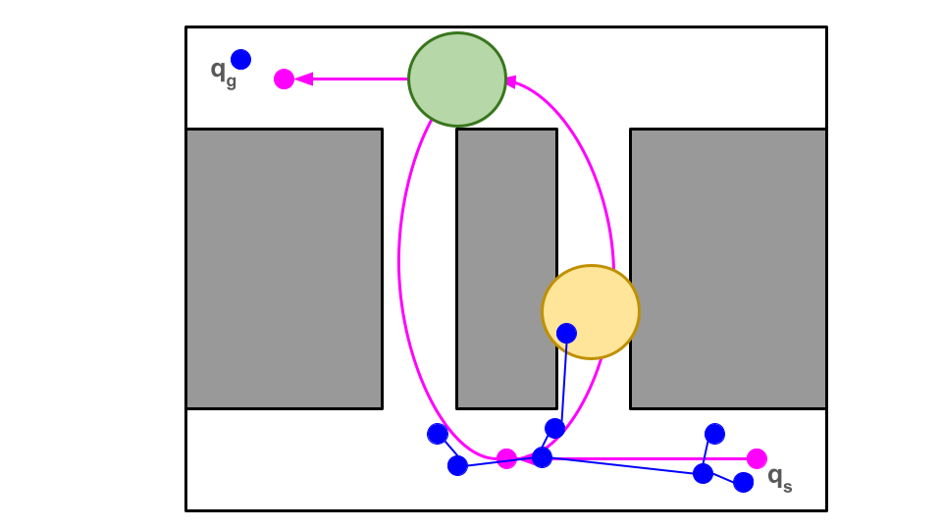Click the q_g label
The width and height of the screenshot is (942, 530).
[223, 70]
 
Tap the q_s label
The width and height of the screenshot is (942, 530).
[779, 478]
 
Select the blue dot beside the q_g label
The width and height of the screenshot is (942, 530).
[240, 59]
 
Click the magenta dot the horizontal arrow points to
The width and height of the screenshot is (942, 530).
[284, 79]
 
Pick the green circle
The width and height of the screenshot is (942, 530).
[457, 79]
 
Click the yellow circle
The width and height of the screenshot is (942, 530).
[591, 312]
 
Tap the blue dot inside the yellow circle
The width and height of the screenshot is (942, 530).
[566, 333]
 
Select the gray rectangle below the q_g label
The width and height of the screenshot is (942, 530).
[284, 268]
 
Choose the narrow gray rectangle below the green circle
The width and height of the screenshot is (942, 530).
[506, 268]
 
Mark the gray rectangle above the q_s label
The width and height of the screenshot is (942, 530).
[727, 268]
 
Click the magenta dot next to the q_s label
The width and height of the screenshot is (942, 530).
[757, 458]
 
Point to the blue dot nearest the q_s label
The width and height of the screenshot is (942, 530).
[743, 482]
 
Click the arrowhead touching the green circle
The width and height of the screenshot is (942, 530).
[510, 83]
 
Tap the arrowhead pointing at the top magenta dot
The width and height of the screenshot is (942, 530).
[304, 79]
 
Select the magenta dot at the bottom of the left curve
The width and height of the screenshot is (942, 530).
[506, 458]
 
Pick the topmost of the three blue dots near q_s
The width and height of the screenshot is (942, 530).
[714, 434]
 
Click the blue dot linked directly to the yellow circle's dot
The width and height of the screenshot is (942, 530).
[554, 428]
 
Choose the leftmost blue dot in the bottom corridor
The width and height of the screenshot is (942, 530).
[438, 434]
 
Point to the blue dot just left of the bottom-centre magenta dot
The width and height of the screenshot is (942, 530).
[457, 465]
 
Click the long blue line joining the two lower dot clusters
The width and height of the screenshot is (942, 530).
[622, 465]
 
